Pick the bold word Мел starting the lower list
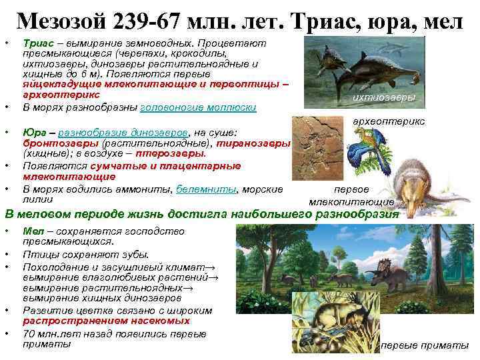coord(31,231)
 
